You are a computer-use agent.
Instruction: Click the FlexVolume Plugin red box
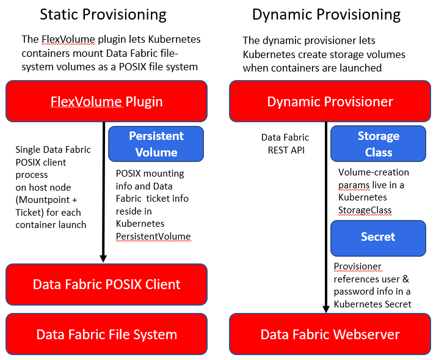(106, 101)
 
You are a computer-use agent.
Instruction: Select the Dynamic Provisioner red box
(330, 101)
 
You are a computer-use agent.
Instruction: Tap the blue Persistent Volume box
(156, 144)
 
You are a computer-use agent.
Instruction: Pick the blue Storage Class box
(378, 144)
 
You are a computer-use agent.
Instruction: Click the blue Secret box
(378, 238)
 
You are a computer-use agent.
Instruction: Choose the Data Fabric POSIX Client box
(106, 284)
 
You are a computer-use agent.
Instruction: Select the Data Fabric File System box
(106, 334)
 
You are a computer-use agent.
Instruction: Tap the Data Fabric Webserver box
(330, 334)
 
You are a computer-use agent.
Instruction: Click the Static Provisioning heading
(103, 15)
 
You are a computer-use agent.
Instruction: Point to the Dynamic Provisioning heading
(326, 15)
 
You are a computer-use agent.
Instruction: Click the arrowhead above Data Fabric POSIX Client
(103, 259)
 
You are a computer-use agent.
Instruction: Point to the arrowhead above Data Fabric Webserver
(326, 309)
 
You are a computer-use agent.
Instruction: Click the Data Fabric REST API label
(285, 144)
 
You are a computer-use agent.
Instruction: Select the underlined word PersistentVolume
(153, 236)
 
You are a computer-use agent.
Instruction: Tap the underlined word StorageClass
(365, 210)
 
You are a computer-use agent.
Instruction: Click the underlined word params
(354, 185)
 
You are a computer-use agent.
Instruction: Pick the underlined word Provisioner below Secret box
(358, 266)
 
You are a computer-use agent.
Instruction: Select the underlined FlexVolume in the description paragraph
(68, 39)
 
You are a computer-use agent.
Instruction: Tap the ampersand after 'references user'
(406, 279)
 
